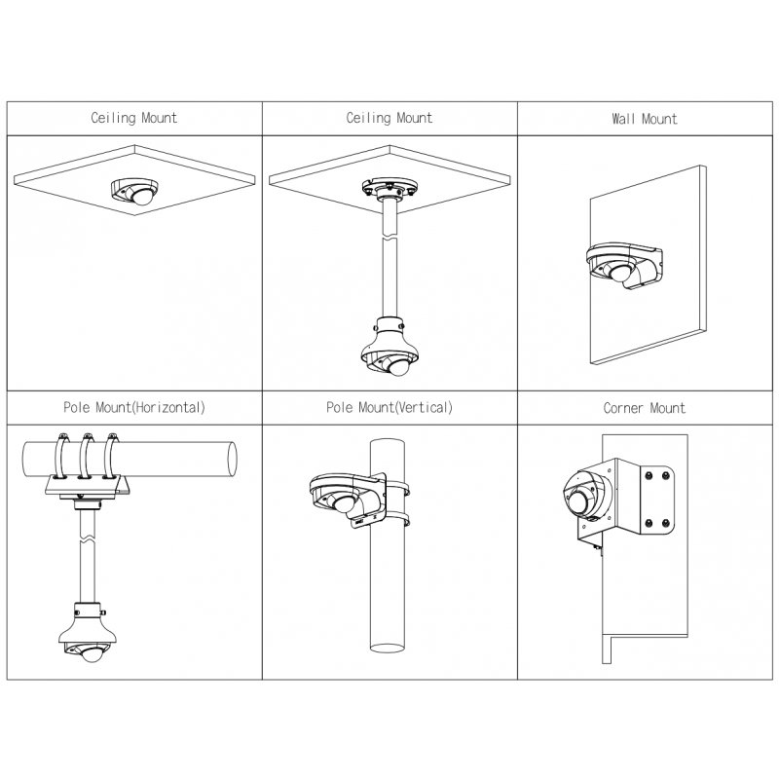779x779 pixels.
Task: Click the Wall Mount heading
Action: pos(645,119)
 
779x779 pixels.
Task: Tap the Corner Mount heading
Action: pos(645,408)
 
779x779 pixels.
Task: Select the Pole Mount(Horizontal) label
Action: pos(134,408)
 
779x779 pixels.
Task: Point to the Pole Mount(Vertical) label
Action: pos(389,408)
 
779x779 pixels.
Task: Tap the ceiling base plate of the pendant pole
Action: pos(390,187)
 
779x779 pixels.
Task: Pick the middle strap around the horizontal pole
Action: pos(87,456)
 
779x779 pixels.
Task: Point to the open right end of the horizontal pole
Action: pos(232,459)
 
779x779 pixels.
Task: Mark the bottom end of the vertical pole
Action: pos(388,648)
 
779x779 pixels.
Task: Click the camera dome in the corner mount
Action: pos(578,501)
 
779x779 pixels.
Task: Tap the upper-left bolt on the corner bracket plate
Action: pos(649,476)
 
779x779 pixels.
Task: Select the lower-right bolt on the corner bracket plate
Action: pos(666,523)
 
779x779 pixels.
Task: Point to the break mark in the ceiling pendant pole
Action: pos(390,238)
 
